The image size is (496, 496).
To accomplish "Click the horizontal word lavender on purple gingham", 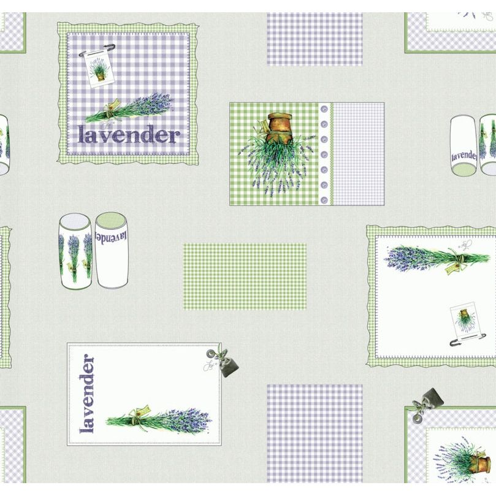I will point(129,134).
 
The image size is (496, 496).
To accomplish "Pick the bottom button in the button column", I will point(324,196).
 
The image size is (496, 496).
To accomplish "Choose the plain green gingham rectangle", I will point(245,276).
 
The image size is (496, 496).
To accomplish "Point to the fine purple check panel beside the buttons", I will point(357,153).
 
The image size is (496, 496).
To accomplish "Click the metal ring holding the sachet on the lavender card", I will point(214,354).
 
